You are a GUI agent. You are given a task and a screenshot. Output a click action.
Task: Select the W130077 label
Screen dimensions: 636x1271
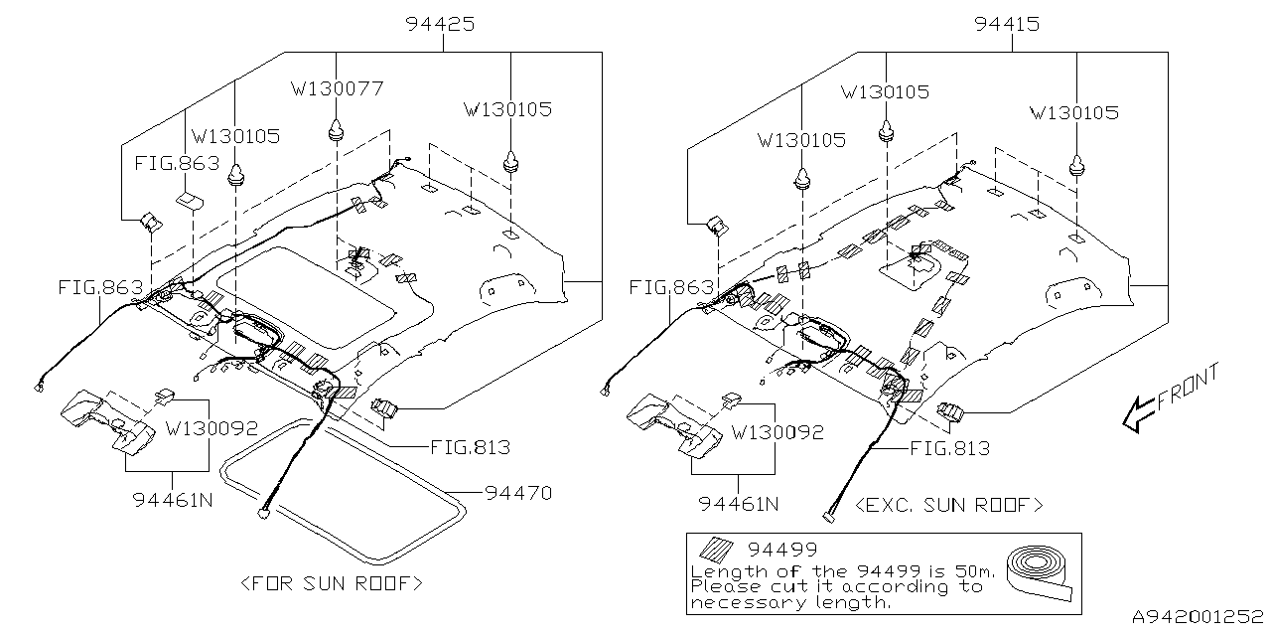click(x=338, y=89)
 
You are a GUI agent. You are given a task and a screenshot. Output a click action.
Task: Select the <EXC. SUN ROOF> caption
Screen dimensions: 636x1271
click(x=948, y=505)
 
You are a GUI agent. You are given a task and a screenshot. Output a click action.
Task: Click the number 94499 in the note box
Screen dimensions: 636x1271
click(x=782, y=550)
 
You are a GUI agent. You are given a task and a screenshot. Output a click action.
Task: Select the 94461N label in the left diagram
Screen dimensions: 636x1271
click(x=172, y=501)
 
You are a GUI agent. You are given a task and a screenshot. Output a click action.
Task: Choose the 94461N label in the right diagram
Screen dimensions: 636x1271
click(x=738, y=504)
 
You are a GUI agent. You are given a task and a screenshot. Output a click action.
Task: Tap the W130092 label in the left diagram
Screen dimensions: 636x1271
click(x=212, y=430)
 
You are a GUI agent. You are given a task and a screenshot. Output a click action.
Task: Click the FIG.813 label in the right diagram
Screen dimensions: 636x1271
click(x=950, y=448)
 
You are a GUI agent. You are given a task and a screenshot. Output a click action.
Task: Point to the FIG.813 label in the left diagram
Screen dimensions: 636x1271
click(x=470, y=448)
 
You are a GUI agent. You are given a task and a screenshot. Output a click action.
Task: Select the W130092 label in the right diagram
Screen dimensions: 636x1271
click(x=777, y=433)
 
